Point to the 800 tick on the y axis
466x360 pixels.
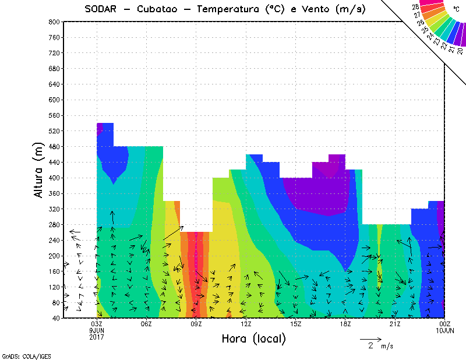click(x=52, y=22)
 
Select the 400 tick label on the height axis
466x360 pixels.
click(x=52, y=178)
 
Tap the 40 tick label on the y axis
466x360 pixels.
click(x=55, y=318)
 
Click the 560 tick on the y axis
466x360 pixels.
click(x=52, y=115)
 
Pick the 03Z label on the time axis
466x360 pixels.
click(x=97, y=324)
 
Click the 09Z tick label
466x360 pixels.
click(x=196, y=324)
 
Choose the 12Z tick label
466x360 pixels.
click(x=246, y=324)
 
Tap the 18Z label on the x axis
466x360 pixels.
click(x=345, y=324)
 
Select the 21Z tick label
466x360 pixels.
click(x=395, y=324)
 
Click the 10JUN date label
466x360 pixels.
click(x=445, y=330)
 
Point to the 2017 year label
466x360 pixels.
click(x=97, y=337)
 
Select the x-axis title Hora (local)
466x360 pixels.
click(x=253, y=338)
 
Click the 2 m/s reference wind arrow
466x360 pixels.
click(x=370, y=338)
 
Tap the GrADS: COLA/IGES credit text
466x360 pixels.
click(x=20, y=355)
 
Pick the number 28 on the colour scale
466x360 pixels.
click(x=415, y=7)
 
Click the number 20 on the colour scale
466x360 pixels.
click(x=460, y=51)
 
